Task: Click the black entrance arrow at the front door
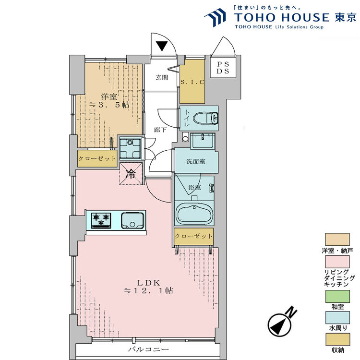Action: pos(162,47)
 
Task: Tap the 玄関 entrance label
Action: pos(162,77)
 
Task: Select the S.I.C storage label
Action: pos(192,82)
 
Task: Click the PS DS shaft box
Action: pos(222,67)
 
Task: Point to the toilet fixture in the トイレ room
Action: pos(210,118)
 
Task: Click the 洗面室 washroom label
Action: pos(196,161)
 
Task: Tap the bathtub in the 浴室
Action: pos(194,214)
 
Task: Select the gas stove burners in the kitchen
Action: pos(101,220)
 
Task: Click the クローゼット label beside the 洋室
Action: pos(97,158)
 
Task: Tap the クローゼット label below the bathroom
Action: pos(193,236)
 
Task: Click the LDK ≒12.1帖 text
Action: pos(148,287)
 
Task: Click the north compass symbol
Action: pos(281,325)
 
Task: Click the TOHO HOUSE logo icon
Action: pos(216,17)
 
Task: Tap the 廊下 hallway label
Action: pos(160,130)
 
